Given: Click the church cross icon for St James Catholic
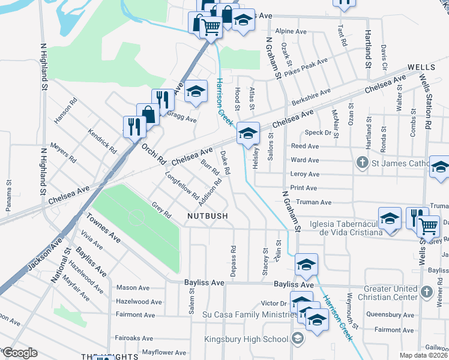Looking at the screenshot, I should click(x=362, y=162).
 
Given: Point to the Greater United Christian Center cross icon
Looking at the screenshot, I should click(x=426, y=292).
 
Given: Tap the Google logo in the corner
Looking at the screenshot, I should click(x=20, y=353).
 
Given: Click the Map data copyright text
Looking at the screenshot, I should click(x=423, y=355).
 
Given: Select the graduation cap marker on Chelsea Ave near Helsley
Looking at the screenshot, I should click(x=247, y=133).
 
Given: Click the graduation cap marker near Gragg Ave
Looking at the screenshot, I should click(x=195, y=92).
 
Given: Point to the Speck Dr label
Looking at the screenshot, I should click(x=318, y=133).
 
